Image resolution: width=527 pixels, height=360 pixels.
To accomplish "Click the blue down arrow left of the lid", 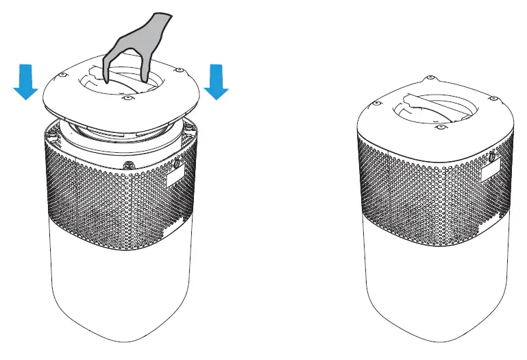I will pyautogui.click(x=25, y=82).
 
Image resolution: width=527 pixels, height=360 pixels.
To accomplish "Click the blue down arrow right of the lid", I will pyautogui.click(x=217, y=82).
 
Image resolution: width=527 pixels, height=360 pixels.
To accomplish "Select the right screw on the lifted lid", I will pyautogui.click(x=179, y=69).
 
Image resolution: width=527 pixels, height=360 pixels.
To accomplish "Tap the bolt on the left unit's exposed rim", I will pyautogui.click(x=129, y=165).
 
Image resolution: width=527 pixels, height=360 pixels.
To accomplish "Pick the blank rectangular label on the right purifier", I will pyautogui.click(x=491, y=169).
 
